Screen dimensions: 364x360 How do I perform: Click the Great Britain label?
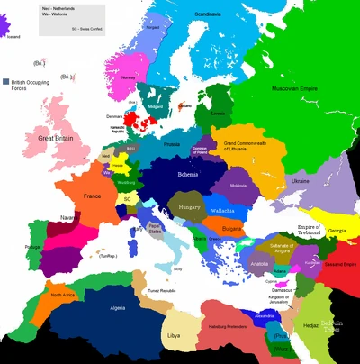[56, 138]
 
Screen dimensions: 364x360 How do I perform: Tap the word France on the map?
[93, 196]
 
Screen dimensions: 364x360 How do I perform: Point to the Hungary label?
[190, 207]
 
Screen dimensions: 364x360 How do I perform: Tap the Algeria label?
[93, 307]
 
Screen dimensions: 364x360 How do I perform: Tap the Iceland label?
[12, 37]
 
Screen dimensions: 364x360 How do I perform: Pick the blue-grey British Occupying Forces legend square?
[6, 80]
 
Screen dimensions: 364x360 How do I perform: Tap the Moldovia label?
[240, 186]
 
